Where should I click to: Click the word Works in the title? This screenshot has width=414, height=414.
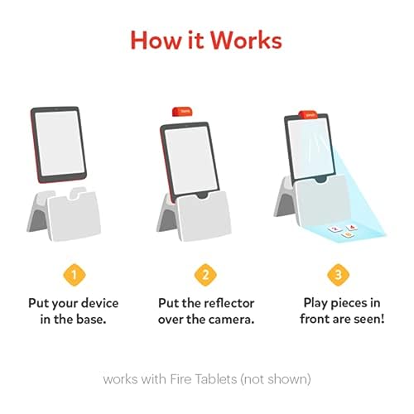247,41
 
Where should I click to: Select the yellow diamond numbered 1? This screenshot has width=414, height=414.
74,275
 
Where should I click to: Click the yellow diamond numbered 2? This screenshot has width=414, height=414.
205,275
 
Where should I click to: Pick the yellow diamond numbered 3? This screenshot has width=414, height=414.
339,275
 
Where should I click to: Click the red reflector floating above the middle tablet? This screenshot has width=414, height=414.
182,112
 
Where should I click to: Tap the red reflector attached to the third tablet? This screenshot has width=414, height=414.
309,114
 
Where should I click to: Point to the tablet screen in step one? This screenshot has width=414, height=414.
60,143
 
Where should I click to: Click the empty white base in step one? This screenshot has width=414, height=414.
64,214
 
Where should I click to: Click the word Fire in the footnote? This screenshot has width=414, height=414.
181,379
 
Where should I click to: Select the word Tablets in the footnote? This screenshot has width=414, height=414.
216,379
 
